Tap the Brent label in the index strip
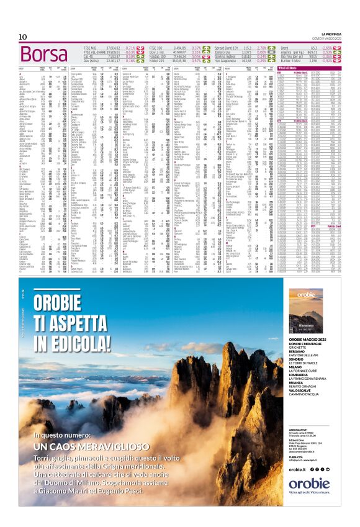coord(285,47)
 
